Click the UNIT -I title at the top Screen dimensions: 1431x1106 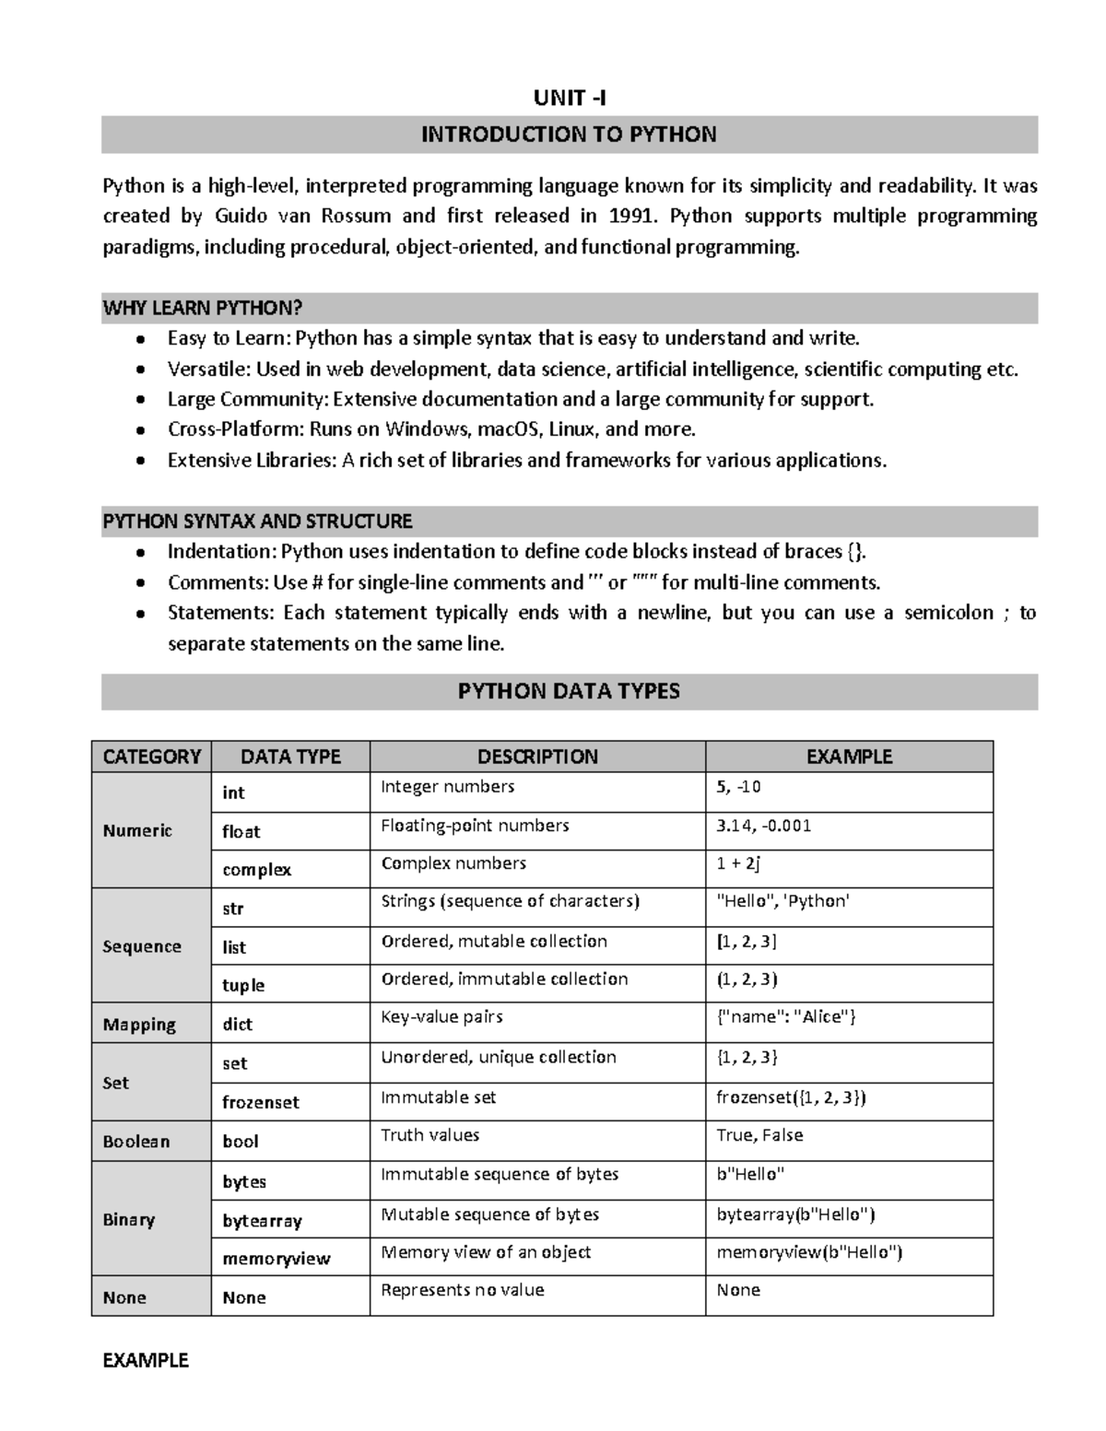[570, 99]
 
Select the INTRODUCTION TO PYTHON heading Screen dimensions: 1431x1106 [569, 135]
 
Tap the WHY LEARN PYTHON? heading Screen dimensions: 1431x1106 [203, 308]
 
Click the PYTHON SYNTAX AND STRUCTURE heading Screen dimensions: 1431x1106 [257, 522]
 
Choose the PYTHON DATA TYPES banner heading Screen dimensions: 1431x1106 [569, 691]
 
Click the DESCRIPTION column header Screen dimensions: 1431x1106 [537, 757]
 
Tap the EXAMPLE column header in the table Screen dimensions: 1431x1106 [849, 757]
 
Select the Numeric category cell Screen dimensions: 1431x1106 [137, 830]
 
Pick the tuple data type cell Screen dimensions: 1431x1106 [243, 985]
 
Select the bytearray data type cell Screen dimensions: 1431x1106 [262, 1221]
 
